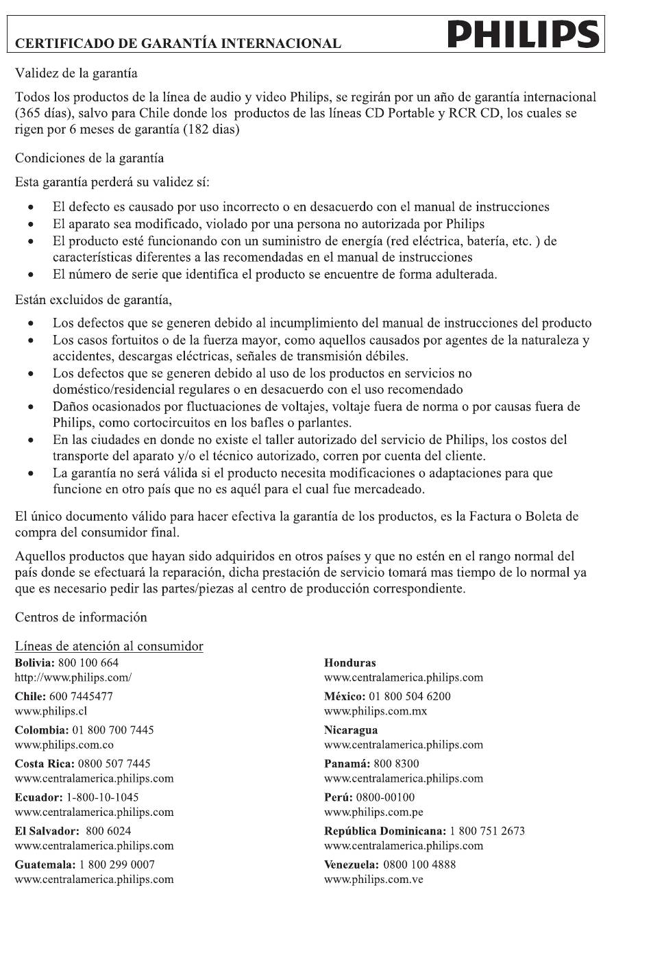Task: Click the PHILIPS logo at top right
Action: pyautogui.click(x=524, y=35)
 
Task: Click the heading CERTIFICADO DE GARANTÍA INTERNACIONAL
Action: pyautogui.click(x=178, y=44)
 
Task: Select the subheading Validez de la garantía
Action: pyautogui.click(x=76, y=73)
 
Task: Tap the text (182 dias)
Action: pyautogui.click(x=211, y=129)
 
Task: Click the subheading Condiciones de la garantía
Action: pyautogui.click(x=89, y=158)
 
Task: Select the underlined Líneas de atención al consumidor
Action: pyautogui.click(x=109, y=646)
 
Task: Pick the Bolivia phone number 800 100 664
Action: pyautogui.click(x=88, y=662)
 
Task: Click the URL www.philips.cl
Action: pyautogui.click(x=51, y=711)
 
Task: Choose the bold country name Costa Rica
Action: pyautogui.click(x=44, y=763)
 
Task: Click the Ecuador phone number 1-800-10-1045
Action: pyautogui.click(x=102, y=797)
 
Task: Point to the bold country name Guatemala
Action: pyautogui.click(x=44, y=865)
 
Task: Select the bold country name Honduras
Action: pyautogui.click(x=349, y=663)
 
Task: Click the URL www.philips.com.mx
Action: pyautogui.click(x=375, y=711)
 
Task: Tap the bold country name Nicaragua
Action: pyautogui.click(x=350, y=730)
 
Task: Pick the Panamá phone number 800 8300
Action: pyautogui.click(x=397, y=763)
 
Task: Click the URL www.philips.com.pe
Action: pyautogui.click(x=373, y=812)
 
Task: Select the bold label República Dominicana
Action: pyautogui.click(x=384, y=831)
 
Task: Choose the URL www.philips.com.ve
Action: pyautogui.click(x=373, y=879)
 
